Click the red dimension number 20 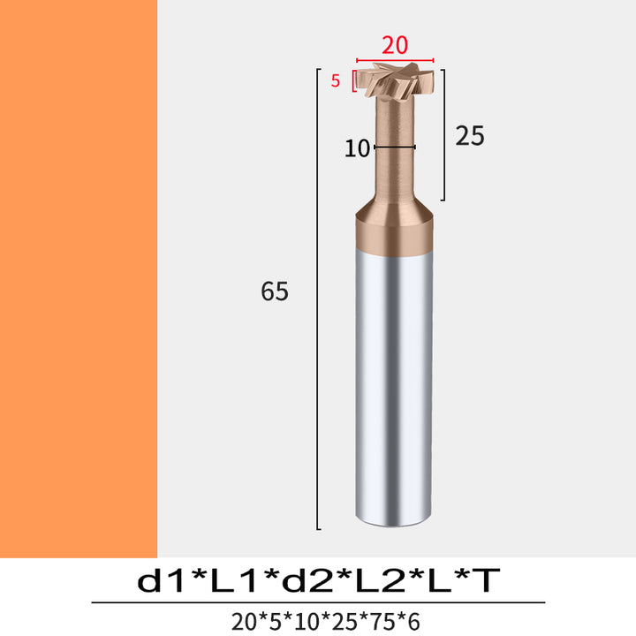(395, 45)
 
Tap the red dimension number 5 (335, 80)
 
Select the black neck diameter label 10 (357, 148)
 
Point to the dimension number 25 (470, 135)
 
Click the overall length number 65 (275, 291)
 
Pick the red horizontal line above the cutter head (395, 60)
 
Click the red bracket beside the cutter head (353, 80)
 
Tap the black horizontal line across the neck (394, 147)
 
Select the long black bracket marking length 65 (318, 299)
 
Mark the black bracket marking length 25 (443, 134)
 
